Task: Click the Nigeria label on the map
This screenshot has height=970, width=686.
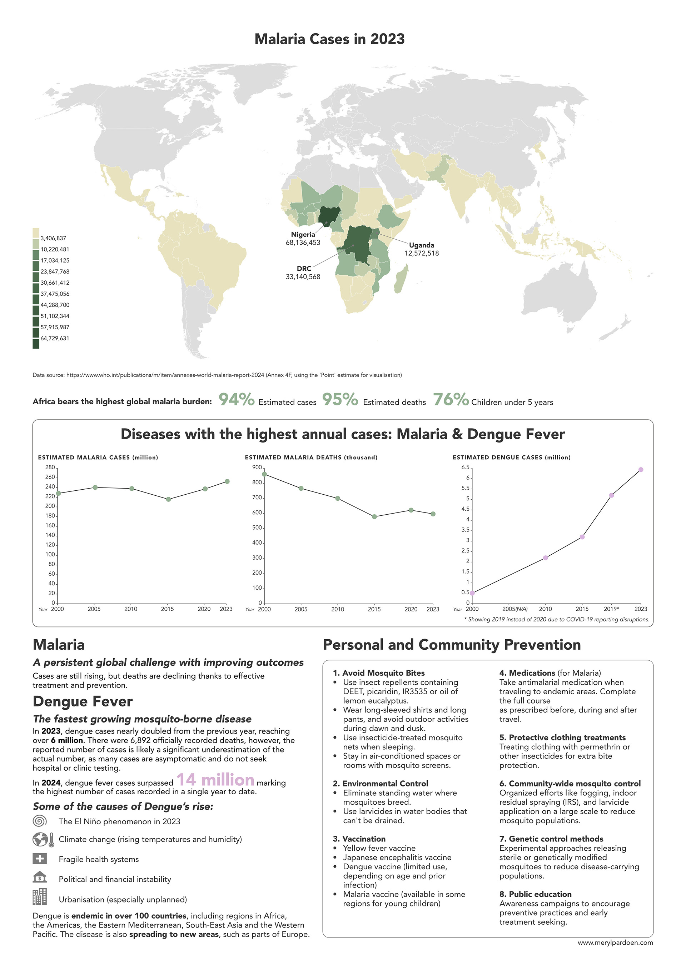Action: [303, 235]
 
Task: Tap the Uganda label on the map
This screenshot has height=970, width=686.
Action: [421, 245]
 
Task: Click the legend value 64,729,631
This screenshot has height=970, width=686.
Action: [55, 339]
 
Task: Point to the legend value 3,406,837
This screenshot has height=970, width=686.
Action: [53, 238]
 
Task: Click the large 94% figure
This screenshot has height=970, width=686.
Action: [236, 399]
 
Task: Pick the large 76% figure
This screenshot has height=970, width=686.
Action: [451, 399]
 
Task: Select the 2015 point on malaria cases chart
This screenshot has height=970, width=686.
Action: [168, 499]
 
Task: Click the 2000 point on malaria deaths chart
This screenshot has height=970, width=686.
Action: [264, 474]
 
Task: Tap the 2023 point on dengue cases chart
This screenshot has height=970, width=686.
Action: [641, 470]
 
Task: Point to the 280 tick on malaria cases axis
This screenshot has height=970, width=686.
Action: [50, 467]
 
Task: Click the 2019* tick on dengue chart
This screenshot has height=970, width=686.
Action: [611, 609]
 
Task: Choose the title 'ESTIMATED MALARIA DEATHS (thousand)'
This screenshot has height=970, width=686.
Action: [311, 457]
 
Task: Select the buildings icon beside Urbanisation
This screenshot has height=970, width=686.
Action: [40, 896]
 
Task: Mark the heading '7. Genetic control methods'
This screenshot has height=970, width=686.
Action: [551, 839]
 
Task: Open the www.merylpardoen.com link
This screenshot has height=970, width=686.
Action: [615, 954]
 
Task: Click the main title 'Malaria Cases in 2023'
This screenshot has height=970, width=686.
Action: [330, 39]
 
